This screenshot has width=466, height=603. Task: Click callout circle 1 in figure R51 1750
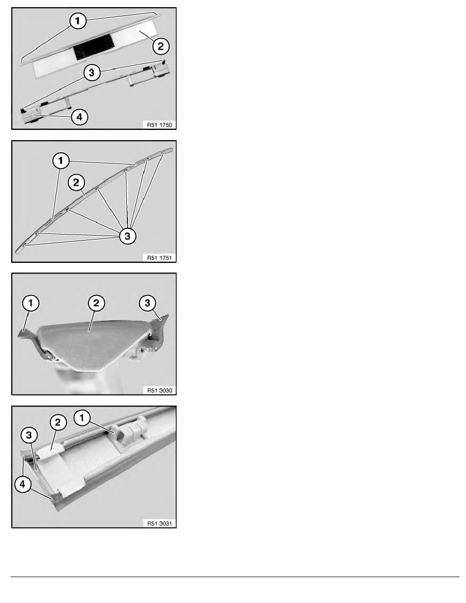[78, 21]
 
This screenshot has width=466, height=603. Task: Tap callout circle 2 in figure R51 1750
[161, 46]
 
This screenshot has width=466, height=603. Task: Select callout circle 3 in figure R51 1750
[91, 72]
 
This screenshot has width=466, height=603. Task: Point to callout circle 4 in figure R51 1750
[80, 117]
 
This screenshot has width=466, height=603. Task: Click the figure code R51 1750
[159, 124]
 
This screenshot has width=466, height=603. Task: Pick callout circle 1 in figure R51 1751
[61, 161]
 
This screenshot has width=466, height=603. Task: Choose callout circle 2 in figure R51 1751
[76, 182]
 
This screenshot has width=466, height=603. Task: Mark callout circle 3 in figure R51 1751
[127, 236]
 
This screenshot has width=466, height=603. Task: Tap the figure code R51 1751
[159, 258]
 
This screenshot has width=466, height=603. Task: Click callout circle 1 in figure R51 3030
[31, 303]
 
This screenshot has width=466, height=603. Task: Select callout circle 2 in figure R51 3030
[96, 303]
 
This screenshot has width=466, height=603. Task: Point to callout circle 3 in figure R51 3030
[147, 303]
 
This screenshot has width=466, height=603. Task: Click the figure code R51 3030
[159, 390]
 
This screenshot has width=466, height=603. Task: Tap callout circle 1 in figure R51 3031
[82, 418]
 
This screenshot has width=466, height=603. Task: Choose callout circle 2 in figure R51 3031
[58, 423]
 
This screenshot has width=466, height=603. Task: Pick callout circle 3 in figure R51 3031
[29, 435]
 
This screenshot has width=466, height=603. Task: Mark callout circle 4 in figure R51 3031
[23, 484]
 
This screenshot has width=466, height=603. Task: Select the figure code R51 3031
[159, 523]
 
